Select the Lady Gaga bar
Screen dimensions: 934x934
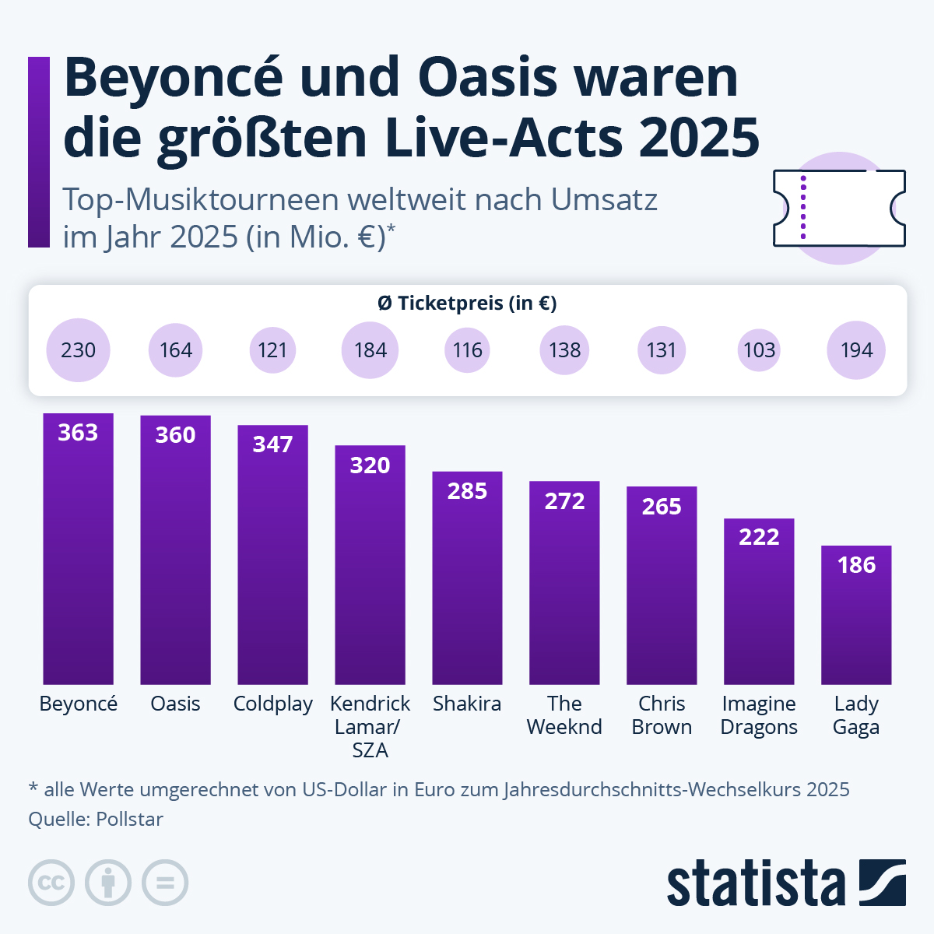(x=856, y=615)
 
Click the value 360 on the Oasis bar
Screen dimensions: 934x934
(x=175, y=435)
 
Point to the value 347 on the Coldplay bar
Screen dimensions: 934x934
(x=272, y=444)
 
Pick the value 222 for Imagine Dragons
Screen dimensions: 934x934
(x=759, y=537)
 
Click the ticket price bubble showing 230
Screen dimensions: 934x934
(x=78, y=350)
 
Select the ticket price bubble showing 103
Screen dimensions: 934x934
(x=759, y=350)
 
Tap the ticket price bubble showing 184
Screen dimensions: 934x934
(x=370, y=350)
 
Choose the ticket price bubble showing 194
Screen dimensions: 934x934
(x=856, y=350)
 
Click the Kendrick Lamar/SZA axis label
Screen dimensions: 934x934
(x=370, y=726)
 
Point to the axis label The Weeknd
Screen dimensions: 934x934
(x=564, y=715)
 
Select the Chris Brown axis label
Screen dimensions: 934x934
(x=662, y=715)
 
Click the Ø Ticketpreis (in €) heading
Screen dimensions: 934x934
(x=467, y=303)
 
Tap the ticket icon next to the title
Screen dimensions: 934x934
(x=839, y=208)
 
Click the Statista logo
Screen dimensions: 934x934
(x=786, y=883)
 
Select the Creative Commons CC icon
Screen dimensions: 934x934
(x=51, y=883)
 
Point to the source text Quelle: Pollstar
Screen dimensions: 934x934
(x=96, y=819)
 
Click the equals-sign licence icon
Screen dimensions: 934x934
(x=165, y=883)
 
